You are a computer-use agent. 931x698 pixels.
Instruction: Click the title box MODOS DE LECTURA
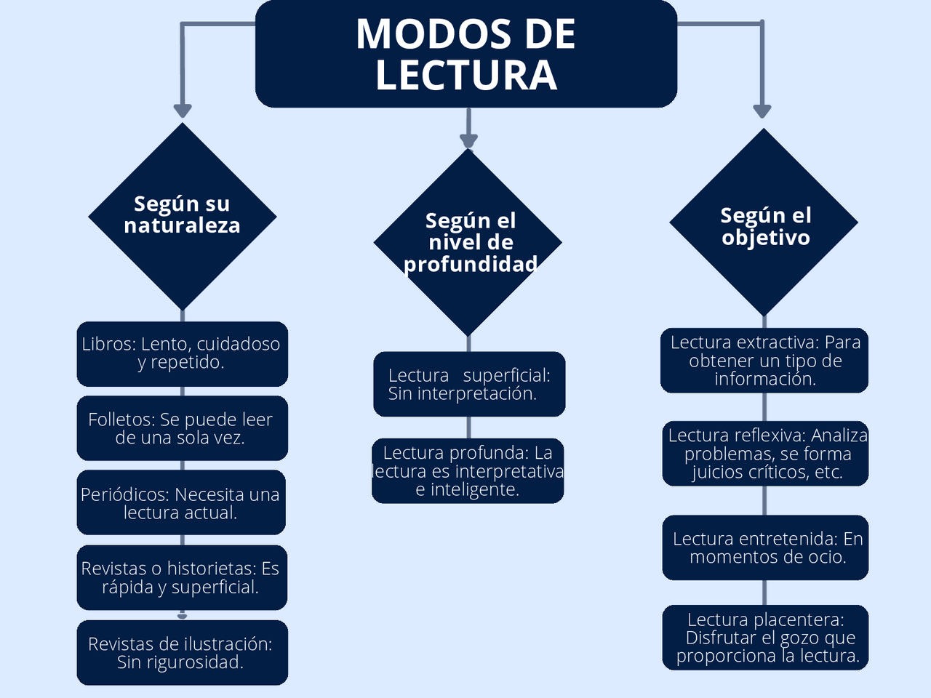click(465, 54)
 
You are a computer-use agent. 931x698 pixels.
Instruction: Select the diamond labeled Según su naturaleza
click(182, 216)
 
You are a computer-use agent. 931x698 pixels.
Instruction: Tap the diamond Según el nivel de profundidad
click(468, 242)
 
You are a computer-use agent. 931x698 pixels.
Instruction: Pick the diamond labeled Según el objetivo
click(764, 222)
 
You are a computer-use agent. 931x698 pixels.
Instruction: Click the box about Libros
click(182, 353)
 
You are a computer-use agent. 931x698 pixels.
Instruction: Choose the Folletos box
click(182, 428)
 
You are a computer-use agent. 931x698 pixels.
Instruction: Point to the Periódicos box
click(181, 503)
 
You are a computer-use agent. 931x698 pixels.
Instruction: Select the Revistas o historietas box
click(181, 577)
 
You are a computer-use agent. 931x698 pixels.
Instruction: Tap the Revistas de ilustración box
click(182, 652)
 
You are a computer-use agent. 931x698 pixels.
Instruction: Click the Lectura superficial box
click(469, 384)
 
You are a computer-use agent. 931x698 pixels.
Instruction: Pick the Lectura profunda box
click(468, 470)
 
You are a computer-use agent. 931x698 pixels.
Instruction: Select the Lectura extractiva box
click(764, 360)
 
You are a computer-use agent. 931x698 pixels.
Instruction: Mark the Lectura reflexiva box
click(765, 454)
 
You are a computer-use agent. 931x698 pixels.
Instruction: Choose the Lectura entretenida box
click(765, 547)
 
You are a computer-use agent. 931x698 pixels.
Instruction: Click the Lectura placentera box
click(765, 638)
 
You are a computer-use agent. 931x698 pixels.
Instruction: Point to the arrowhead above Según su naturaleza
click(183, 111)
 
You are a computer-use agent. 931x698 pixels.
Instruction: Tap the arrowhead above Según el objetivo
click(762, 111)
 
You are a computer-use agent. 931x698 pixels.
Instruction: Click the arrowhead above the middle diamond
click(468, 140)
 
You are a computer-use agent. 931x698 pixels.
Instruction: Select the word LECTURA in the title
click(466, 75)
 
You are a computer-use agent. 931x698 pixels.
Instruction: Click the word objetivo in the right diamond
click(765, 238)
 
